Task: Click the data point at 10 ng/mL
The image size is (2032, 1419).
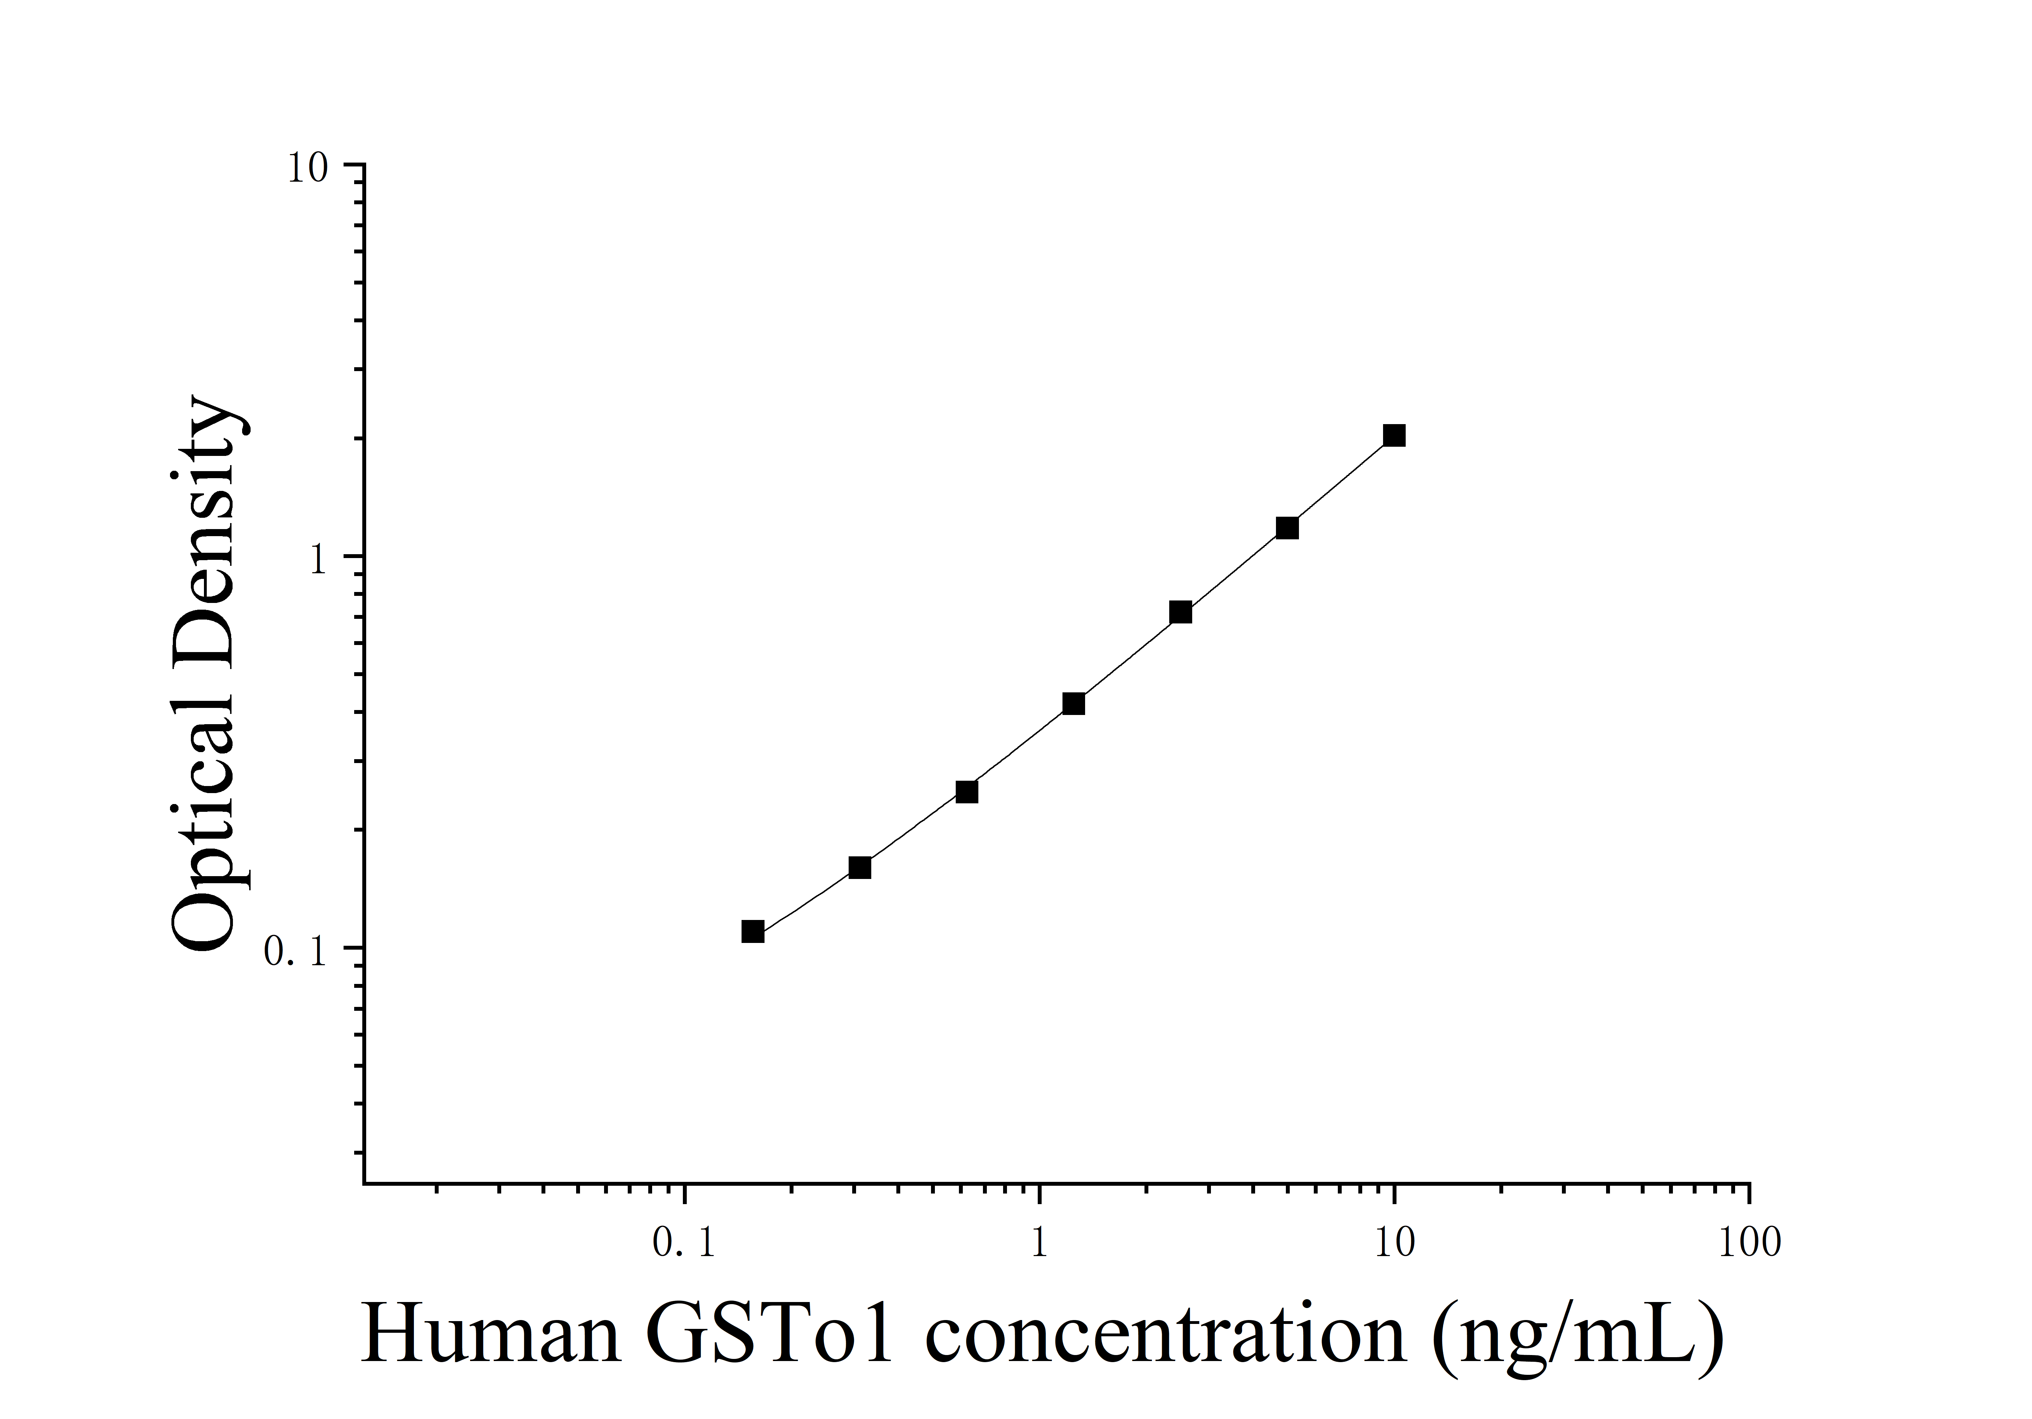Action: [x=1394, y=435]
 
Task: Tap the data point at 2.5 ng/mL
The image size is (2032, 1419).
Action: [x=1181, y=612]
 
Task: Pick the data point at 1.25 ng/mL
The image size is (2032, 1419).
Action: [x=1073, y=704]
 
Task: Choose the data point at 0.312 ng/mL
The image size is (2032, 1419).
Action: [x=859, y=868]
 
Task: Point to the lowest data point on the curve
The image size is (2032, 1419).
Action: [x=753, y=931]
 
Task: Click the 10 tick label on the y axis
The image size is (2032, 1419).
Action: [x=307, y=168]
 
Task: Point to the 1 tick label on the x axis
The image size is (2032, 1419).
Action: [x=1039, y=1244]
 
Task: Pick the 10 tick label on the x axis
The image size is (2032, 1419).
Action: [x=1395, y=1244]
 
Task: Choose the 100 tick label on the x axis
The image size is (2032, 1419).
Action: [x=1750, y=1244]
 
